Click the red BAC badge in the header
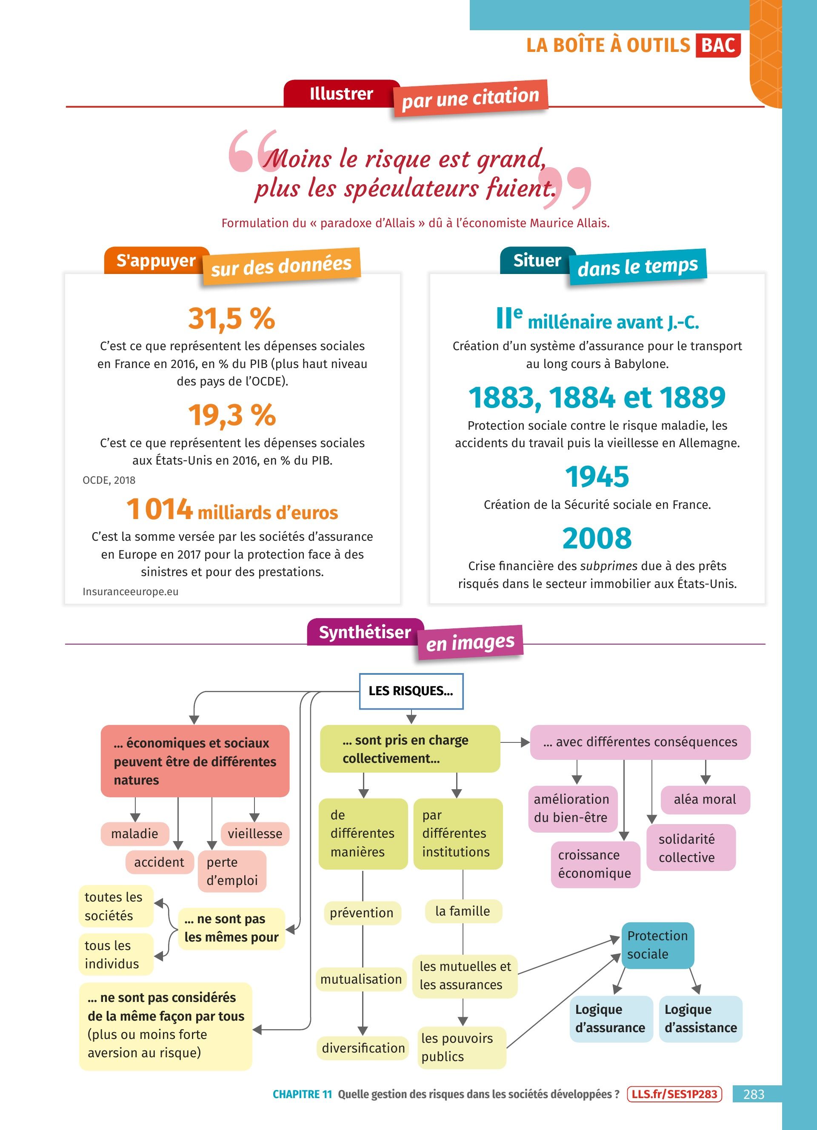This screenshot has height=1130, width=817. [718, 46]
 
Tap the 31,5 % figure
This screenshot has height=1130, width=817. [231, 318]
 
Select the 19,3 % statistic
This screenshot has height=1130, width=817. [231, 415]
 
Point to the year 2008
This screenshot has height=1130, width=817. [597, 539]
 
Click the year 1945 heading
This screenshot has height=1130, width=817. [597, 477]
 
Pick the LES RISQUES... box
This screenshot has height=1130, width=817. [411, 691]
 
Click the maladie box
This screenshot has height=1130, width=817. [134, 833]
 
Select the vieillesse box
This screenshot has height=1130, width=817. [255, 833]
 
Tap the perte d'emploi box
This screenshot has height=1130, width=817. [231, 871]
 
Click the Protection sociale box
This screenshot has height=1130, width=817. [657, 945]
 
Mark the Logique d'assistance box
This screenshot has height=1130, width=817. [700, 1019]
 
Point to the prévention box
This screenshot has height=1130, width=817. [362, 913]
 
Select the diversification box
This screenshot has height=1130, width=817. [363, 1048]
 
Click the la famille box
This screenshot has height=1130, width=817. [463, 911]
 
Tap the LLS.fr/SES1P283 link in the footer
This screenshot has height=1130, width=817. [674, 1094]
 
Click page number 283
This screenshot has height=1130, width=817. [753, 1094]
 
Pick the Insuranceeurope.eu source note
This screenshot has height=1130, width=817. [131, 591]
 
